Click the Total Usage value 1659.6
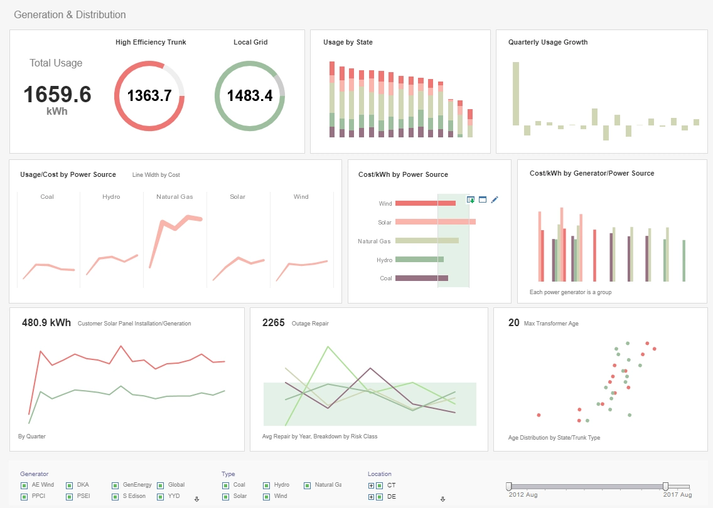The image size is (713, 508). [57, 95]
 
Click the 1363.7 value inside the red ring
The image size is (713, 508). [149, 96]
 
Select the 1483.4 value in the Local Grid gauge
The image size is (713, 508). [249, 96]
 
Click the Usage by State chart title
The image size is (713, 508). [348, 43]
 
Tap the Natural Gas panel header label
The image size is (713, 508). [174, 197]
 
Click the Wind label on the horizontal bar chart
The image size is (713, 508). [385, 204]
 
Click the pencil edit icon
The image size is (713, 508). [495, 199]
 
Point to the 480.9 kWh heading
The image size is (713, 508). [46, 323]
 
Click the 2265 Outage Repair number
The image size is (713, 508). [273, 323]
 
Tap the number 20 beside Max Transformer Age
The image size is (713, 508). [513, 323]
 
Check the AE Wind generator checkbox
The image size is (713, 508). [24, 485]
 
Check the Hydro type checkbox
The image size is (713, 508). [266, 485]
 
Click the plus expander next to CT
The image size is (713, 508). [371, 485]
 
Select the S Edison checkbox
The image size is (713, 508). [115, 497]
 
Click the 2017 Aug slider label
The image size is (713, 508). [677, 495]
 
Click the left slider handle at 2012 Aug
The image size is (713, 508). [509, 486]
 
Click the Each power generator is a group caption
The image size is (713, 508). [570, 292]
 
